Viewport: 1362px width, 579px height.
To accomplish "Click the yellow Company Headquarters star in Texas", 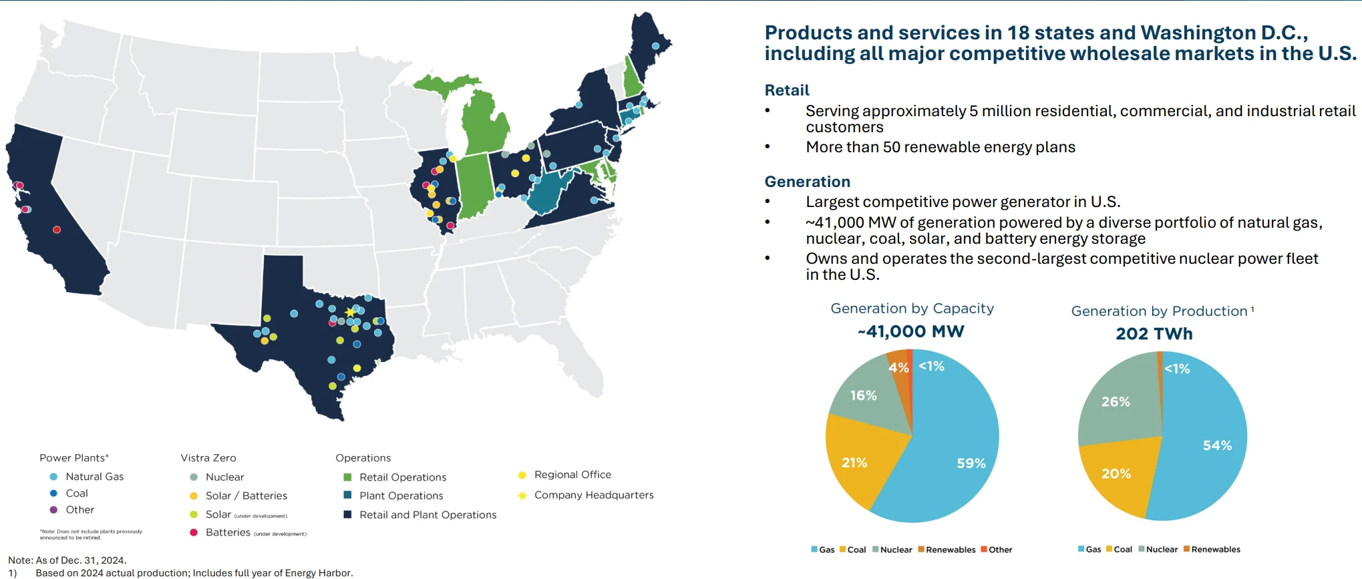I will pyautogui.click(x=350, y=312).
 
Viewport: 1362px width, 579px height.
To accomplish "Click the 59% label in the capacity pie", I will pyautogui.click(x=971, y=463).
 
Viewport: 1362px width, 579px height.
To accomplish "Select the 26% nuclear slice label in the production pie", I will pyautogui.click(x=1116, y=402).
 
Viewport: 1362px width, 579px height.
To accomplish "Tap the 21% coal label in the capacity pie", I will pyautogui.click(x=854, y=463).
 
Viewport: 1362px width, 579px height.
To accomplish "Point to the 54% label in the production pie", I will pyautogui.click(x=1217, y=445).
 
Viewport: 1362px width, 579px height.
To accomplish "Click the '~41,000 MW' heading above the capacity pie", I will pyautogui.click(x=911, y=331).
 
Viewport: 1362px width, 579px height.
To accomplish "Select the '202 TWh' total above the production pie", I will pyautogui.click(x=1154, y=333).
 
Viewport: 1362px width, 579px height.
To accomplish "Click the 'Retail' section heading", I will pyautogui.click(x=787, y=90).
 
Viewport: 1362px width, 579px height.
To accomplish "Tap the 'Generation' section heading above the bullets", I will pyautogui.click(x=807, y=182).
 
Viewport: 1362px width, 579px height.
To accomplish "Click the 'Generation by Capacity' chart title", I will pyautogui.click(x=912, y=309).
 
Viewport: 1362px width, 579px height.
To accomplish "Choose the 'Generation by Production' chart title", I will pyautogui.click(x=1159, y=311).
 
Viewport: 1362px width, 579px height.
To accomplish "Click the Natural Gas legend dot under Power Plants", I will pyautogui.click(x=53, y=477).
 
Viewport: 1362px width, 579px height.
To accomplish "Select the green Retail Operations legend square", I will pyautogui.click(x=347, y=477).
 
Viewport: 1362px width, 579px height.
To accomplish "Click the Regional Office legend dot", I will pyautogui.click(x=522, y=475).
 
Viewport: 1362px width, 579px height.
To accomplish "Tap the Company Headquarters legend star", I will pyautogui.click(x=522, y=496).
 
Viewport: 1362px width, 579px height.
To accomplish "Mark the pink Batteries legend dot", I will pyautogui.click(x=194, y=532).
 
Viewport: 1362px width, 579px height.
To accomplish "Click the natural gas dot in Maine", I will pyautogui.click(x=655, y=46).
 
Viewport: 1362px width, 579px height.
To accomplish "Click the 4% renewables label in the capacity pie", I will pyautogui.click(x=898, y=368).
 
